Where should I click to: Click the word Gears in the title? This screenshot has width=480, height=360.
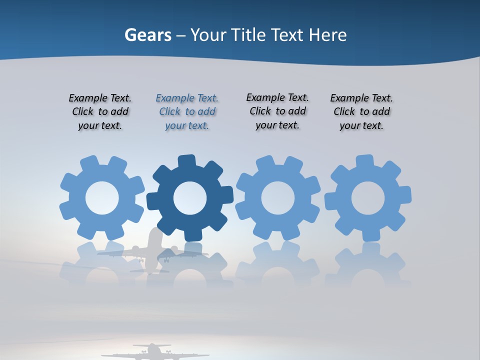tap(148, 35)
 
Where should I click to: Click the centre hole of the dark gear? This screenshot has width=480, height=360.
tap(190, 198)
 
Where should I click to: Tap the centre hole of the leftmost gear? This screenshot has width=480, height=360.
tap(102, 198)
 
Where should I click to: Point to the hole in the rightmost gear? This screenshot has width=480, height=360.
tap(368, 198)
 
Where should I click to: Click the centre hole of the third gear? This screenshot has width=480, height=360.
tap(278, 198)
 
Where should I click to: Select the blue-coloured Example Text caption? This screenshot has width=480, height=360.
tap(187, 112)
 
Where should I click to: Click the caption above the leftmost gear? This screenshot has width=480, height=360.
tap(100, 112)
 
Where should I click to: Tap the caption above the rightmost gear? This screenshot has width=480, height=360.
tap(361, 112)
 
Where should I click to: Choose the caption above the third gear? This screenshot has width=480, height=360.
tap(277, 111)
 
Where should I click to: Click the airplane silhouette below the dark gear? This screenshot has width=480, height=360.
tap(152, 250)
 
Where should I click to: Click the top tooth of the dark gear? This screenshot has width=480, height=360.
tap(186, 161)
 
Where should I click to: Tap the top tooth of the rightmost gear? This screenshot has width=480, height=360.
tap(364, 161)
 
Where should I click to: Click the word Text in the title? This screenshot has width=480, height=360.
tap(287, 35)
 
